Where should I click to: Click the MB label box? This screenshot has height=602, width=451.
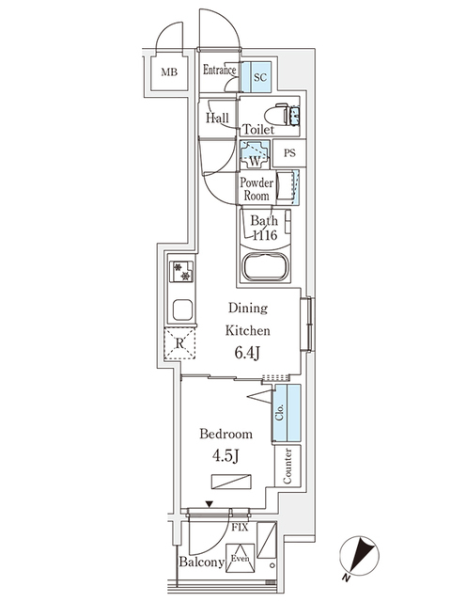click(169, 72)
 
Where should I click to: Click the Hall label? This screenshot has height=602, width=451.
click(217, 118)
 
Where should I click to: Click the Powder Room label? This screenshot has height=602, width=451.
click(256, 189)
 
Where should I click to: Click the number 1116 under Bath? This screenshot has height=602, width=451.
click(263, 236)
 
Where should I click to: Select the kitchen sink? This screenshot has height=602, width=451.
click(181, 309)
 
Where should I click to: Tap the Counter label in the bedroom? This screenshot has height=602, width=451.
click(287, 465)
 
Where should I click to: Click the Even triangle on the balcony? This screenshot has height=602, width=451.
click(241, 555)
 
